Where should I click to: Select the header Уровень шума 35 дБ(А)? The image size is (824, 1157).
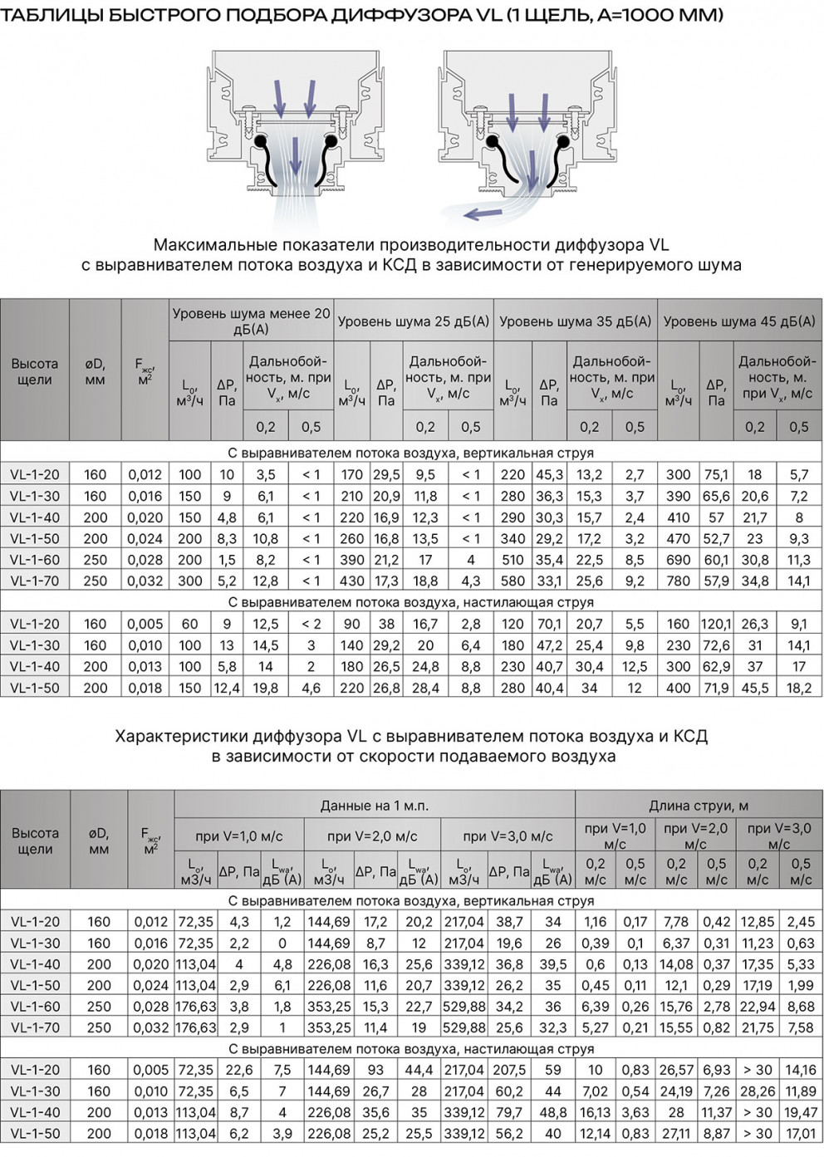tap(575, 321)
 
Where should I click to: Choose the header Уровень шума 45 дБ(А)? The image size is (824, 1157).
tap(739, 321)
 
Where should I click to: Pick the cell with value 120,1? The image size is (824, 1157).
tap(716, 624)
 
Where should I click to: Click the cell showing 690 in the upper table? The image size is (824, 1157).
tap(679, 560)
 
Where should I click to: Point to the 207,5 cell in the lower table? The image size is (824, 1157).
tap(509, 1070)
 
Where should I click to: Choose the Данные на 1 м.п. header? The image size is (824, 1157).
tap(374, 806)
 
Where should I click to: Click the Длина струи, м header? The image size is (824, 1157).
tap(698, 806)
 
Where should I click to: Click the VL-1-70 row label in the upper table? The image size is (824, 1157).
tap(35, 581)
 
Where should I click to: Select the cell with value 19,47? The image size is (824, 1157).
tap(801, 1112)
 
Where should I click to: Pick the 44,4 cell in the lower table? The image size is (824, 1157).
tap(419, 1070)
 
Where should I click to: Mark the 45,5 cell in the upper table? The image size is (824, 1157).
tap(754, 688)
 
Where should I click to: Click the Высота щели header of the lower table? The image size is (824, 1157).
tap(35, 841)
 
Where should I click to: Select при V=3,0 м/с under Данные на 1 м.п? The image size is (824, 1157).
tap(508, 836)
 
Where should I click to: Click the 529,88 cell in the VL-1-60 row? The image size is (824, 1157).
tap(465, 1007)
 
